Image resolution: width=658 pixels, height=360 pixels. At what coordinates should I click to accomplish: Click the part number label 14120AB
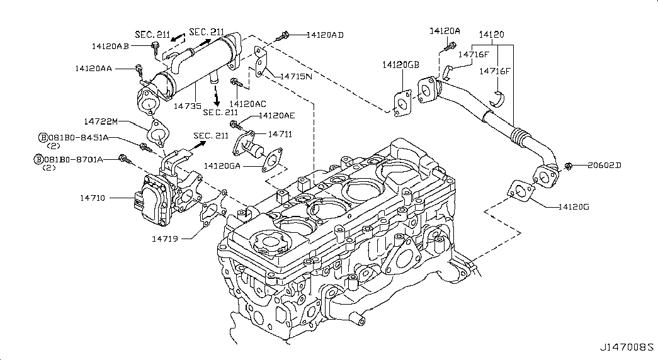(110, 46)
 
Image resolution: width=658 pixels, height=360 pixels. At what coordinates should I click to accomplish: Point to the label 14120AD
(325, 35)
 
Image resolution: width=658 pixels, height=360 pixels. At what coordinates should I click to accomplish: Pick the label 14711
(280, 134)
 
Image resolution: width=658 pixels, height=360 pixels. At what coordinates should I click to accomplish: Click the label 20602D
(604, 166)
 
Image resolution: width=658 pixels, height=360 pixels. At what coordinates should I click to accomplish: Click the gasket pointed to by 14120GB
(402, 104)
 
